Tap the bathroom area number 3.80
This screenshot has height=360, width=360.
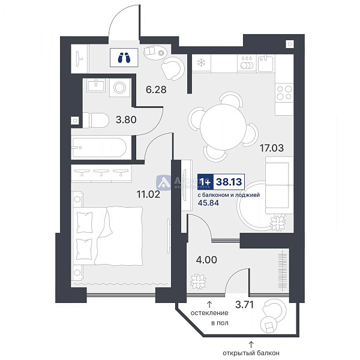click(126, 119)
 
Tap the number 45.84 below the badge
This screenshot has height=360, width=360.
click(208, 203)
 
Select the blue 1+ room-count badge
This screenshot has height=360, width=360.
click(205, 180)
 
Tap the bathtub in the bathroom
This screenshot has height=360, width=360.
click(99, 146)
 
